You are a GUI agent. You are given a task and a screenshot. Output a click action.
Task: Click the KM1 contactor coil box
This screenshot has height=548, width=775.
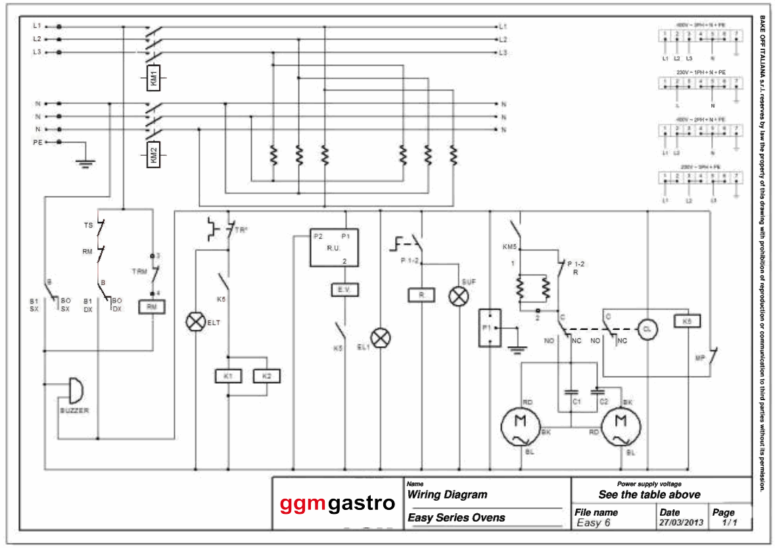tap(153, 78)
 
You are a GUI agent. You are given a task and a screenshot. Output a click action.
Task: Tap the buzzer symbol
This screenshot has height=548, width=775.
tap(76, 391)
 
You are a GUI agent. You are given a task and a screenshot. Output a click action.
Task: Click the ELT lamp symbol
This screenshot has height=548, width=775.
tap(195, 322)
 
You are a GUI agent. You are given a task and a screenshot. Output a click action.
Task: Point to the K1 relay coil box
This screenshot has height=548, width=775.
tap(228, 376)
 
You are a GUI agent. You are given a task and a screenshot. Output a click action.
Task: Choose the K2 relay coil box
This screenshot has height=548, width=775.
tap(266, 376)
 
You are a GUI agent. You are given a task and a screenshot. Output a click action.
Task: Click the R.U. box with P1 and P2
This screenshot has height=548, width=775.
tap(335, 247)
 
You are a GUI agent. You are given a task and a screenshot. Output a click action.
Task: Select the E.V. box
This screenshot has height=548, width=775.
tap(344, 289)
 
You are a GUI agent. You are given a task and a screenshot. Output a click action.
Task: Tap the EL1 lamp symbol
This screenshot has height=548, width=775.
tap(381, 338)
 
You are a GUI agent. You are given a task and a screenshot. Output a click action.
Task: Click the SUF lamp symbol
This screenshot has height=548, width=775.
tap(458, 296)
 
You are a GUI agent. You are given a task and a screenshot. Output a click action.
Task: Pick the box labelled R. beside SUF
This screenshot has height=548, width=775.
tap(421, 295)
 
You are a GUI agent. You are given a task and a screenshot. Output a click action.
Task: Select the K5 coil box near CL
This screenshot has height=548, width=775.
tap(687, 321)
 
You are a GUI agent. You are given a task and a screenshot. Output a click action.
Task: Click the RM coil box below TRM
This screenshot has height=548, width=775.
tap(152, 306)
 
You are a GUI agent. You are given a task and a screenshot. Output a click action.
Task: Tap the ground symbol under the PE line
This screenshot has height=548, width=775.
tap(83, 162)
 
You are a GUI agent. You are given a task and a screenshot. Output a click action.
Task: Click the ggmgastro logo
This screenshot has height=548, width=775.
tap(337, 504)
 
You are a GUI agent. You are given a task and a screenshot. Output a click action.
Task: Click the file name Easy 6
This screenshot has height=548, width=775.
tap(594, 523)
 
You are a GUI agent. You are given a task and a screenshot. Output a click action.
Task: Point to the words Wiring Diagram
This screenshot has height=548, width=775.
tap(448, 495)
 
